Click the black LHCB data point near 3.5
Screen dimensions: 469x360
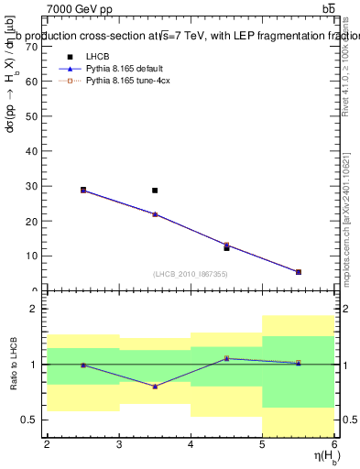tap(155, 191)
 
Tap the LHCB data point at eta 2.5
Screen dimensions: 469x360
tap(83, 190)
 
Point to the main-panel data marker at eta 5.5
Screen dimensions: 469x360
tap(298, 272)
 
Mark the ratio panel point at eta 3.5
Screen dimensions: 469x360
tap(155, 387)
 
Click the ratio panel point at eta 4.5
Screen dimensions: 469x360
tap(226, 358)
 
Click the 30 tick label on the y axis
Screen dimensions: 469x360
tap(34, 186)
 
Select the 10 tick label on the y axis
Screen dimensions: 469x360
tap(34, 256)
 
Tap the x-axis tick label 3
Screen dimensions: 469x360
tap(119, 444)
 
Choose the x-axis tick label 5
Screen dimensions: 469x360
tap(262, 444)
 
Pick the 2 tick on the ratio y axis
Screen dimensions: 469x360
tap(35, 310)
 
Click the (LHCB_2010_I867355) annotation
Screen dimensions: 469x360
tap(189, 275)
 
